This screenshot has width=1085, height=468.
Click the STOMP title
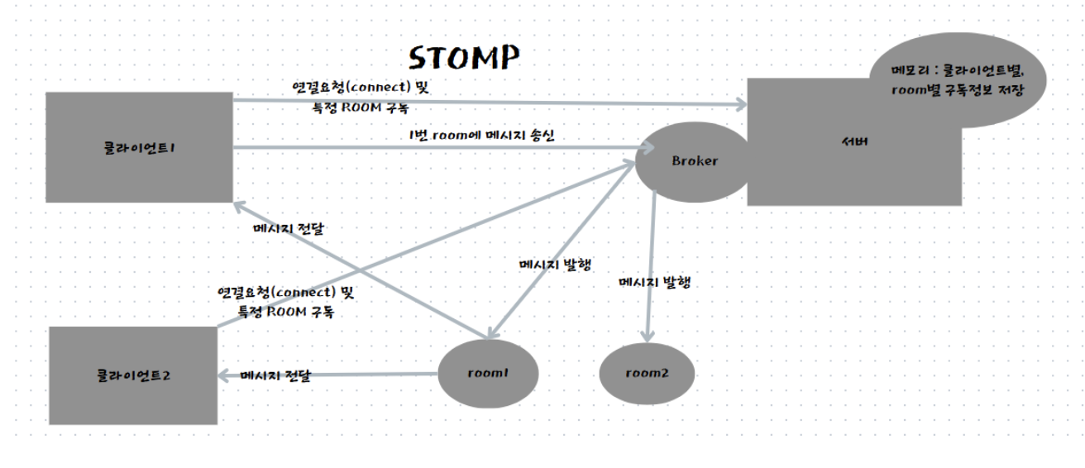pos(464,58)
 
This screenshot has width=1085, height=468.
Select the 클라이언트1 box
pos(139,147)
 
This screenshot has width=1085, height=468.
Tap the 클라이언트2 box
pos(133,375)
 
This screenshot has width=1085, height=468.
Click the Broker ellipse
pos(694,162)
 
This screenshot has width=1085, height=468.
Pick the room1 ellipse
pos(488,373)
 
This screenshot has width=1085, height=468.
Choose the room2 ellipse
pos(647,373)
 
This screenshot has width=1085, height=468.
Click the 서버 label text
pos(854,142)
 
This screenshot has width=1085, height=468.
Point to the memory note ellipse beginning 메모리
pos(958,80)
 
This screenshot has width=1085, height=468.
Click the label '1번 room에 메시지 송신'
pos(481,135)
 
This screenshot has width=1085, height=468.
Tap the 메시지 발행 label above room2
pos(654,282)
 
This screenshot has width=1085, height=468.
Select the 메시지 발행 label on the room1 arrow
pos(555,265)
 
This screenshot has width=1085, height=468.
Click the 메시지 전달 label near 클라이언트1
pos(288,229)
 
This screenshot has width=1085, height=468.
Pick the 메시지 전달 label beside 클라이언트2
pos(275,375)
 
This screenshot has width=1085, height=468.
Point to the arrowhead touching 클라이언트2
pos(224,375)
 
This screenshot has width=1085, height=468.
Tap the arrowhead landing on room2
pos(648,337)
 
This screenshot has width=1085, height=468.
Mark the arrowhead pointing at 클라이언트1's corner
pos(241,207)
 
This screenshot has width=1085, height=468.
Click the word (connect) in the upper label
pos(378,87)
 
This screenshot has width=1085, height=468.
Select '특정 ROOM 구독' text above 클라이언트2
pos(286,312)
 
